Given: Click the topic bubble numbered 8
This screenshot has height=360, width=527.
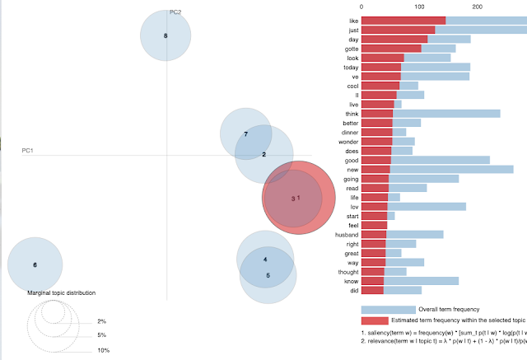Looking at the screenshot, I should pyautogui.click(x=166, y=36).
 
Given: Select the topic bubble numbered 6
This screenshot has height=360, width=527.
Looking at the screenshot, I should pyautogui.click(x=35, y=264).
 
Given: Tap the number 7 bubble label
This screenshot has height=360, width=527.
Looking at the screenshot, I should pyautogui.click(x=245, y=133).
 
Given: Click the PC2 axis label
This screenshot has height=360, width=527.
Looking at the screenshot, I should pyautogui.click(x=175, y=12).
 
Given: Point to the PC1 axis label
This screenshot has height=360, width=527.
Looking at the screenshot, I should pyautogui.click(x=27, y=150).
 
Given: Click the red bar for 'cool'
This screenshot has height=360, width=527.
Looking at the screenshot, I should pyautogui.click(x=380, y=85).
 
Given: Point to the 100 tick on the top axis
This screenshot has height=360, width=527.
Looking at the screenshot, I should pyautogui.click(x=419, y=7).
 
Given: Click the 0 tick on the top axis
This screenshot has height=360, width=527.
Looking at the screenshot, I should pyautogui.click(x=361, y=7).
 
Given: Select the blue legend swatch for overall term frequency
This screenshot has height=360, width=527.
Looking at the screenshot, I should pyautogui.click(x=388, y=309).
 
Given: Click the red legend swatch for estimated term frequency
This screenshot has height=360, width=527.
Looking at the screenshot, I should pyautogui.click(x=374, y=320).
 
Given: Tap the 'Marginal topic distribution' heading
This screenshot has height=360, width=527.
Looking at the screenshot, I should pyautogui.click(x=62, y=293).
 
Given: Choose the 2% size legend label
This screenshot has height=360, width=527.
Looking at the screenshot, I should pyautogui.click(x=101, y=320).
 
